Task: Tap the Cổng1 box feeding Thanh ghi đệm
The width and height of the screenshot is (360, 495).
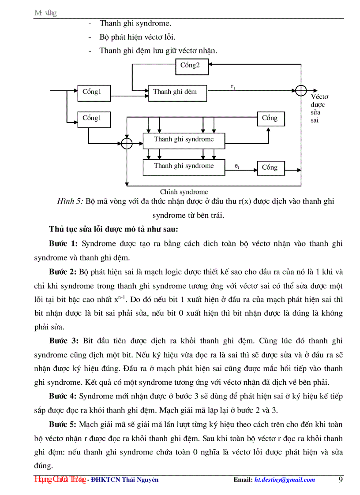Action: pos(94,92)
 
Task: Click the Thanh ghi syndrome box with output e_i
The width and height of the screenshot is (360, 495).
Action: pos(184,166)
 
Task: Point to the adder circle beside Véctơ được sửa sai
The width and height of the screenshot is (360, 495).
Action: pos(301,90)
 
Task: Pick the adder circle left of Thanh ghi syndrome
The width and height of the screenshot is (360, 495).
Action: pos(127,143)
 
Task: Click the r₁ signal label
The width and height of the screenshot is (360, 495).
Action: pos(233,87)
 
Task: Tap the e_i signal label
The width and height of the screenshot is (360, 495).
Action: pos(237,166)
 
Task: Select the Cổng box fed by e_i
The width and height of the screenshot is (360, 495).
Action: pos(270,167)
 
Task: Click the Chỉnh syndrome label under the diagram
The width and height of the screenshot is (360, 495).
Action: pos(184,192)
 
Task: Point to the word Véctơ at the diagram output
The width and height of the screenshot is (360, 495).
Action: pos(319,97)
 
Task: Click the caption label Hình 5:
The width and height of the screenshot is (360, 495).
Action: pos(70,201)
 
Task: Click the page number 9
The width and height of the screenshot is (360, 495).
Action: pos(341,480)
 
